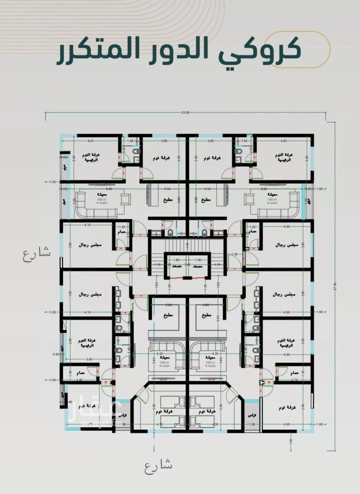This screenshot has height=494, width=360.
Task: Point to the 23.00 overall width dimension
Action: (185, 113)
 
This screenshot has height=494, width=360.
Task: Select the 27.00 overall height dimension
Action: (336, 286)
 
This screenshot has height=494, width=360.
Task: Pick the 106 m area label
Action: (100, 199)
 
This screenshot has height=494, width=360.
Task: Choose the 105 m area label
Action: (272, 199)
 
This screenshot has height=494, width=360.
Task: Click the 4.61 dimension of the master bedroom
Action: (90, 141)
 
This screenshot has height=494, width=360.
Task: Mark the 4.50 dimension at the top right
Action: (283, 141)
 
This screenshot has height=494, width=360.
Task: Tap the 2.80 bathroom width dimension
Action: (80, 380)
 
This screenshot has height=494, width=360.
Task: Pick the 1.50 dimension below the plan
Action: (291, 440)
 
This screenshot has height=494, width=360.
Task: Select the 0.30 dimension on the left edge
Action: (56, 354)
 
